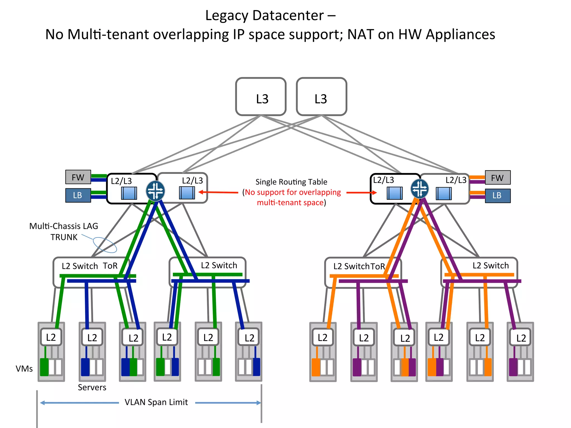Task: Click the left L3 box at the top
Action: tap(261, 97)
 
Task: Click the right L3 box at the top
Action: tap(321, 97)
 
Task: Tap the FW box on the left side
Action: tap(78, 177)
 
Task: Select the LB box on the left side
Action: tap(78, 195)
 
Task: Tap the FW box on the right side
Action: tap(498, 177)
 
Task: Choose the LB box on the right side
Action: tap(498, 196)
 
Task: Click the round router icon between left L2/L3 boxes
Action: tap(155, 191)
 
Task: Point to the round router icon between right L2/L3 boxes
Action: tap(419, 189)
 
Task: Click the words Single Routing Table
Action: tap(291, 182)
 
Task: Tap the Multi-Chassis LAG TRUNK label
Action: tap(64, 231)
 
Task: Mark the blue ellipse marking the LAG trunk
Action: tap(105, 245)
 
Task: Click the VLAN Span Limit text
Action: tap(156, 402)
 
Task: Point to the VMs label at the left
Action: tap(24, 369)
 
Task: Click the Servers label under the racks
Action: tap(92, 387)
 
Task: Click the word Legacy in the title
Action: tap(227, 15)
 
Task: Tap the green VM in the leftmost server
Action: tap(44, 367)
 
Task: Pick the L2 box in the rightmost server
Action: tap(521, 338)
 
